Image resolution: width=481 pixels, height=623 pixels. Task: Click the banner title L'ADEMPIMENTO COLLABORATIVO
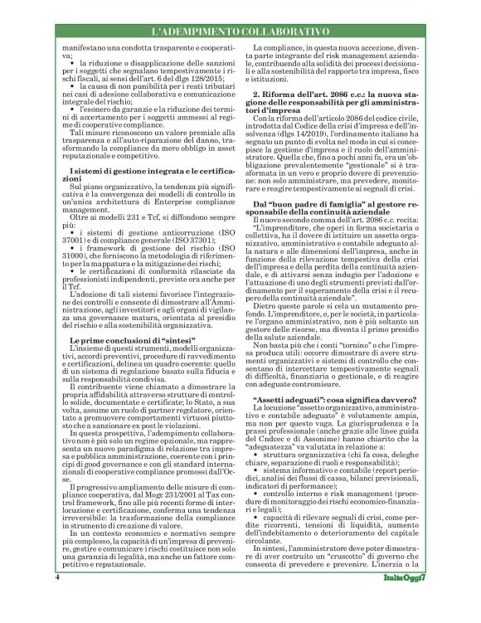point(240,31)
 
